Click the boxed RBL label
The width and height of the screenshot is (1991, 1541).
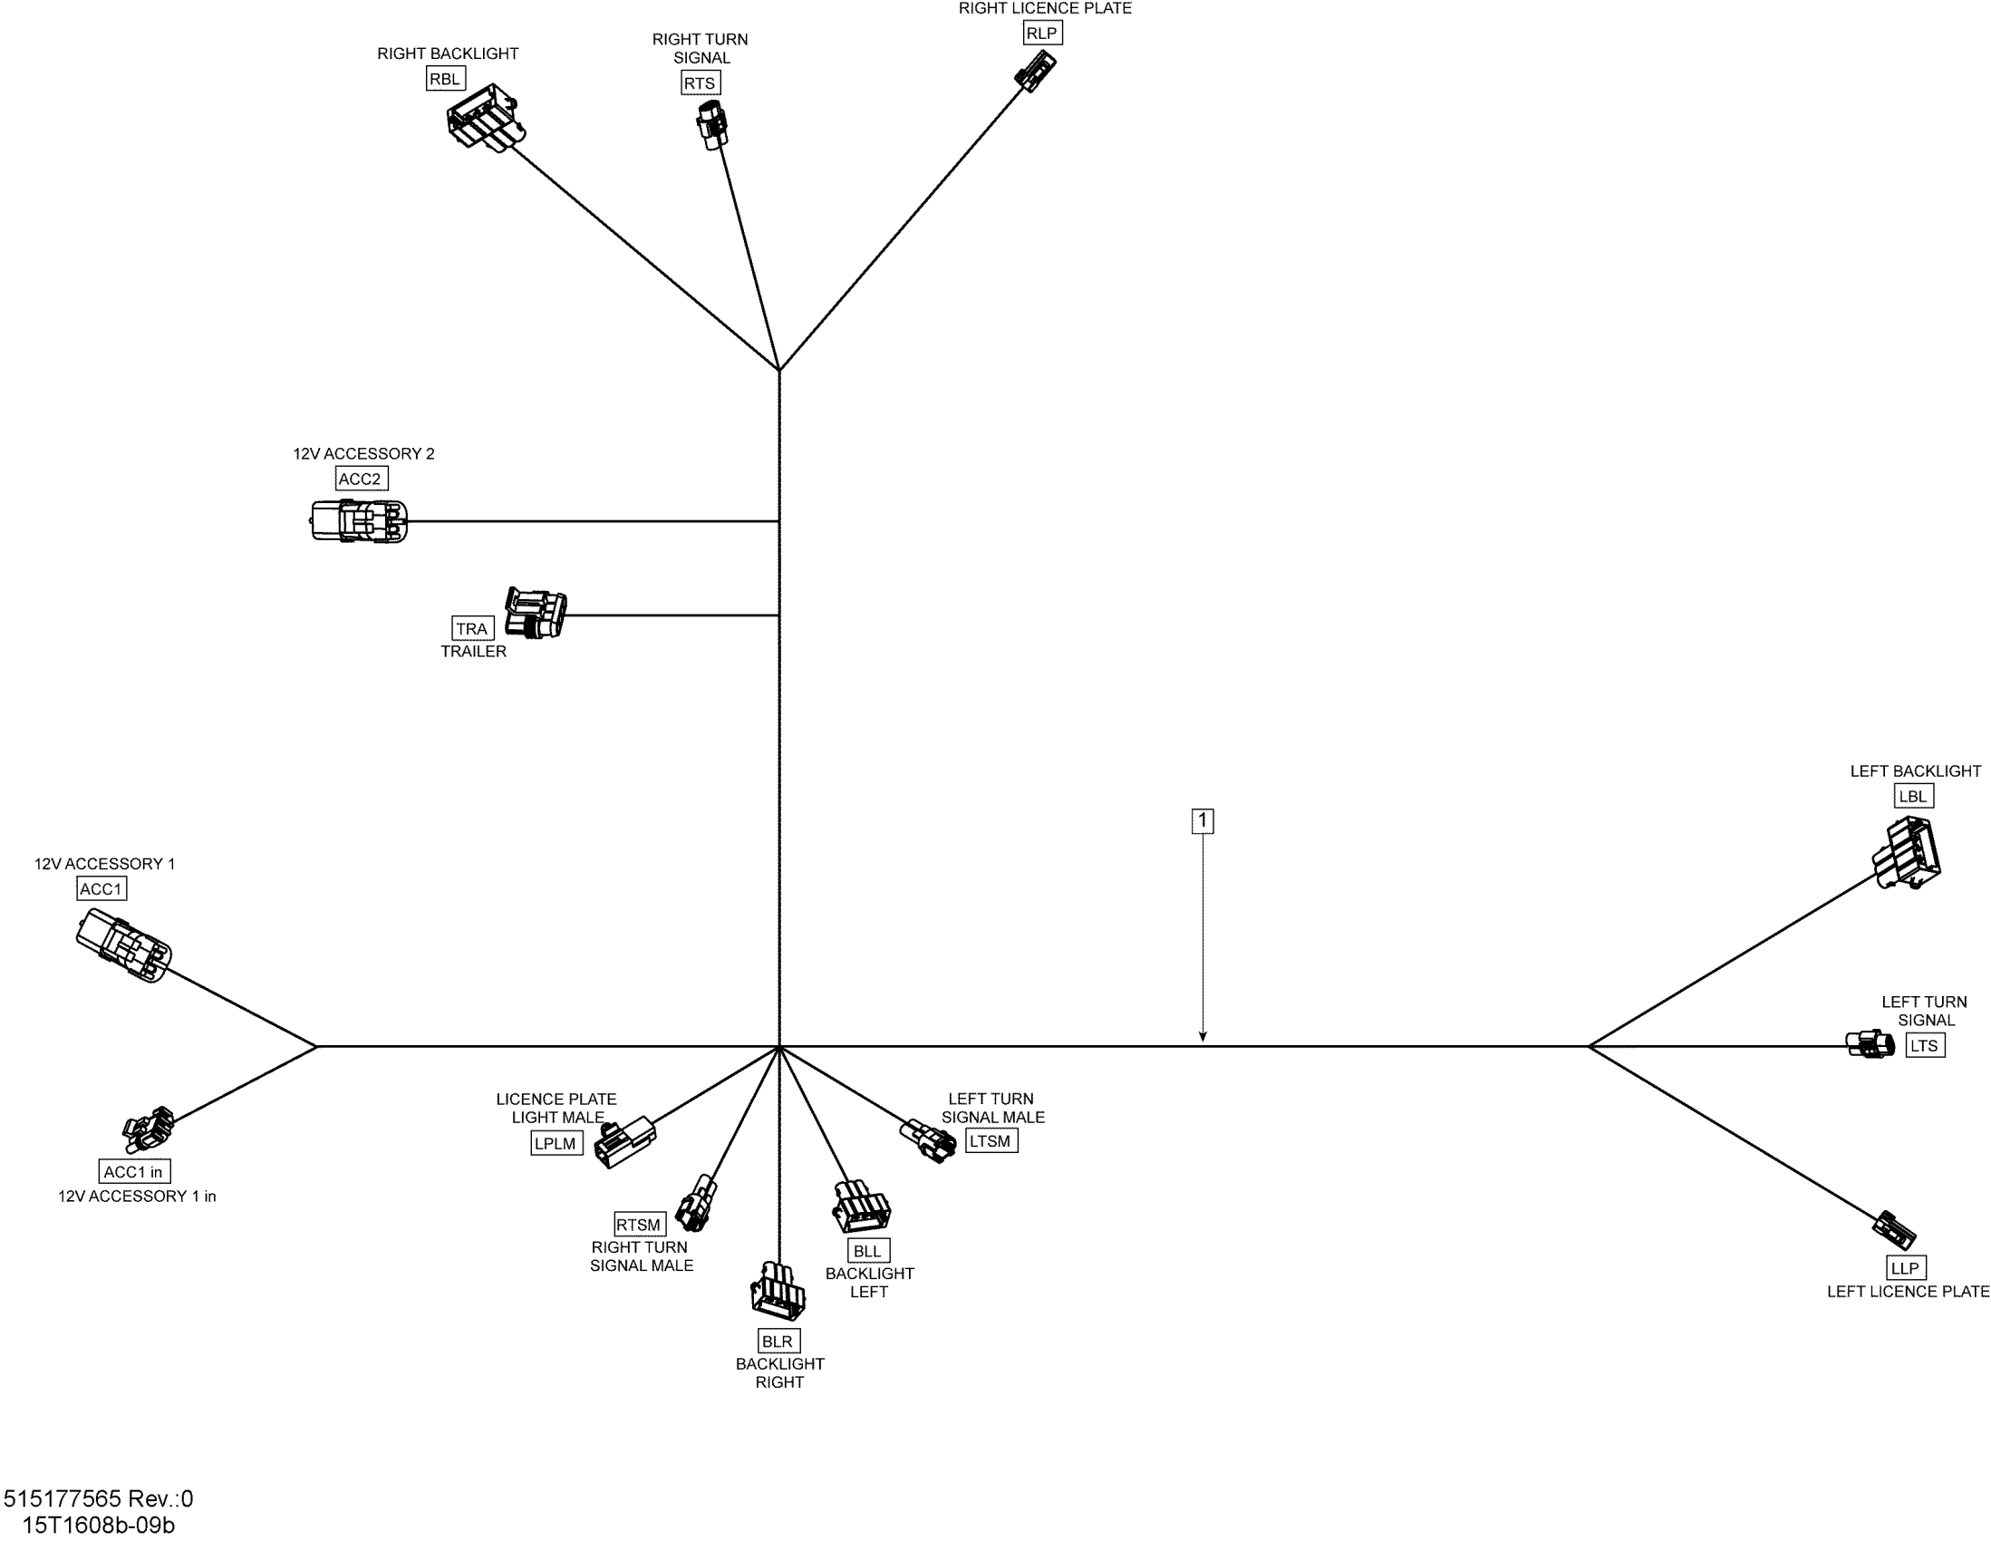click(x=445, y=79)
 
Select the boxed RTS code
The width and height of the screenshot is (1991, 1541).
click(x=700, y=83)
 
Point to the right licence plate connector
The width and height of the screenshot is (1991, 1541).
click(x=1035, y=72)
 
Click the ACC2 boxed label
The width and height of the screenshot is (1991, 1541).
click(x=360, y=479)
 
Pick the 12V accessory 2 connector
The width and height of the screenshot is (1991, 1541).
click(x=359, y=521)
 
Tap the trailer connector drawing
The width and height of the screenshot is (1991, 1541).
click(x=536, y=613)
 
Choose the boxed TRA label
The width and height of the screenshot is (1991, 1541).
click(x=472, y=628)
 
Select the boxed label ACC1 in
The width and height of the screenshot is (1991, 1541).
click(x=133, y=1172)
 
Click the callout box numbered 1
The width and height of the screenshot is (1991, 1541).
click(x=1203, y=820)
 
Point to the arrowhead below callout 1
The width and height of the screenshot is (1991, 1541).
click(x=1203, y=1036)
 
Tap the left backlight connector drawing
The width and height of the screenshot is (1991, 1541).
click(x=1907, y=853)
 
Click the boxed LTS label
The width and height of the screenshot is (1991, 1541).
click(x=1925, y=1046)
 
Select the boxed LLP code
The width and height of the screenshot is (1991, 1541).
click(x=1905, y=1268)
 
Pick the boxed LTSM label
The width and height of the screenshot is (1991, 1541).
click(x=990, y=1140)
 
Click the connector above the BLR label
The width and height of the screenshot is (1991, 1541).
click(x=778, y=1290)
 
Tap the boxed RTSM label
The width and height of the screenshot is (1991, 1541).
click(x=639, y=1225)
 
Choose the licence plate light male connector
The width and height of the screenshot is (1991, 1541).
click(x=624, y=1142)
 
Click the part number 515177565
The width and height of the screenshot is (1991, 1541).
click(x=62, y=1499)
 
